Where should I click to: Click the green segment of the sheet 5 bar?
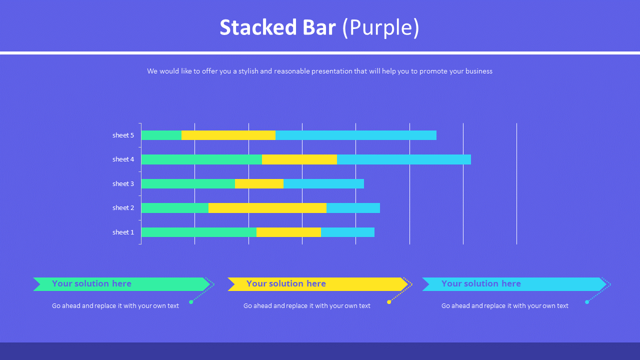161,135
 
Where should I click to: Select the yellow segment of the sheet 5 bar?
228,135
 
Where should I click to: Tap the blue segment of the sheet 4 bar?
403,159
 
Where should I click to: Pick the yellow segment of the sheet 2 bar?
267,208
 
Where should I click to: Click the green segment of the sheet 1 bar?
198,232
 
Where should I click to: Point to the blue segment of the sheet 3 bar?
323,183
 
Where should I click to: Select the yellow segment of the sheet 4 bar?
299,159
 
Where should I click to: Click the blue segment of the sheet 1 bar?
347,232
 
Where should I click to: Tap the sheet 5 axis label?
123,135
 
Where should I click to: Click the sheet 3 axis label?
123,183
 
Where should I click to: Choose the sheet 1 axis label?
123,232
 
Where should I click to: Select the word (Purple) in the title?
381,27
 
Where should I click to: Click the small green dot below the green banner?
191,302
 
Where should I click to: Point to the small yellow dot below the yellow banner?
389,302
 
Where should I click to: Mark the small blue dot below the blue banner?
587,302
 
